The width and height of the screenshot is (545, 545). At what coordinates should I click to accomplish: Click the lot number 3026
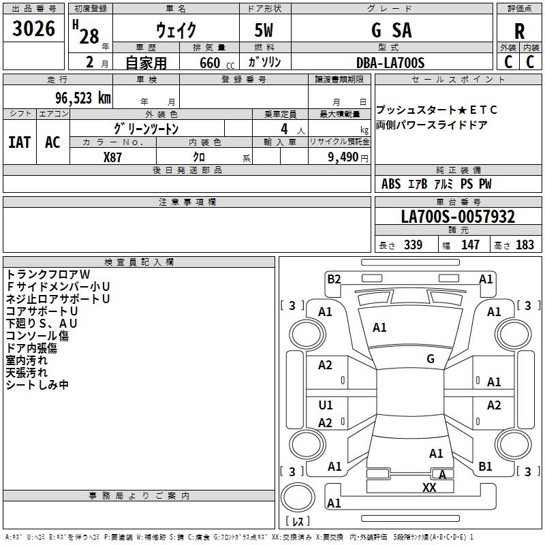(x=33, y=29)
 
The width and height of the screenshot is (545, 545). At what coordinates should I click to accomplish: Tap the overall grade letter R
(x=519, y=31)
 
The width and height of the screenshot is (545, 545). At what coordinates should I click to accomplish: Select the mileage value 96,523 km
(x=83, y=98)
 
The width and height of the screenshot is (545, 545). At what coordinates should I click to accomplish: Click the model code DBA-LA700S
(x=390, y=63)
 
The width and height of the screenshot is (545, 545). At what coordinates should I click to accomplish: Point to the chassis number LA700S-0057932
(x=458, y=217)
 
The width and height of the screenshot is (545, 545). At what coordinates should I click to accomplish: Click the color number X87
(x=112, y=157)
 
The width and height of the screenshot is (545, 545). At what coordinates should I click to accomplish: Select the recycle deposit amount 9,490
(x=343, y=157)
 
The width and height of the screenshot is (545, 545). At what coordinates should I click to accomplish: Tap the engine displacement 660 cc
(x=217, y=63)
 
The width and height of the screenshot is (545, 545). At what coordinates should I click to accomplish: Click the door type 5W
(x=264, y=30)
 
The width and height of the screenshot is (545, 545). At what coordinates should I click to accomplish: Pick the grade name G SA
(x=392, y=30)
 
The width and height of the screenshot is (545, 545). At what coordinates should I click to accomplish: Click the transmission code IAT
(x=20, y=142)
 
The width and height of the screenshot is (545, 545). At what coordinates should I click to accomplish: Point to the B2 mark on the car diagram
(x=334, y=279)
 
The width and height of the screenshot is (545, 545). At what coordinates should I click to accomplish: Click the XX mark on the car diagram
(x=429, y=487)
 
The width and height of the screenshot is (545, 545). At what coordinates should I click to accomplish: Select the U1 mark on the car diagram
(x=326, y=405)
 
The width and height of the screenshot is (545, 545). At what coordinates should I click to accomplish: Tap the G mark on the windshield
(x=431, y=359)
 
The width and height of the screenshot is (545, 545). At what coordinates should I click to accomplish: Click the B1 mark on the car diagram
(x=485, y=467)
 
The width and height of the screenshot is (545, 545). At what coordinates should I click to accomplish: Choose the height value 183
(x=525, y=245)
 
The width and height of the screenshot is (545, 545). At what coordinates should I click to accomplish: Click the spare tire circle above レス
(x=298, y=497)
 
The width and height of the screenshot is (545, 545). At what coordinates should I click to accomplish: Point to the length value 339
(x=414, y=245)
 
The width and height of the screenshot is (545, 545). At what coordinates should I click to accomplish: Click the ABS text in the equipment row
(x=391, y=184)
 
